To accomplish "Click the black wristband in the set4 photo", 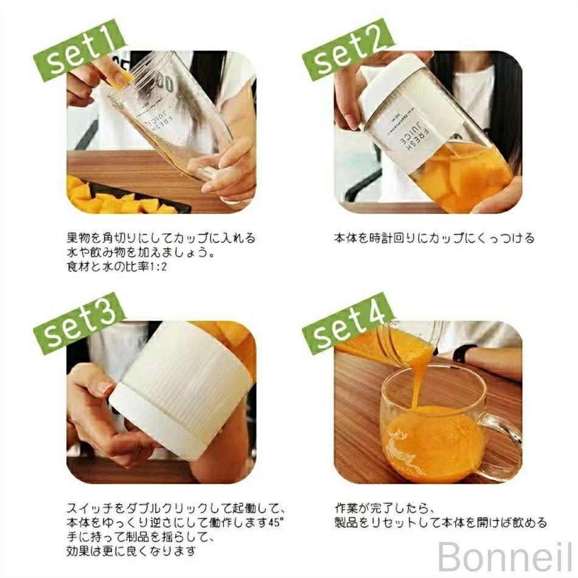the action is [461, 353].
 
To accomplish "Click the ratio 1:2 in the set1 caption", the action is [159, 266].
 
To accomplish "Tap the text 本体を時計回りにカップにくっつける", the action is [434, 238].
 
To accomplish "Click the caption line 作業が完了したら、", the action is [383, 509].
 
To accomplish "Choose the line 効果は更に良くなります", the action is [131, 551].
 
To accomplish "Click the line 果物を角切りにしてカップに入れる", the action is [161, 238].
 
